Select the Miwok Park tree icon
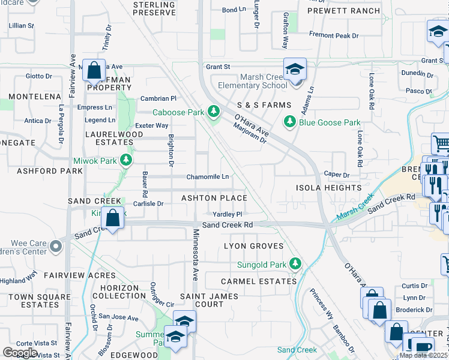[x=126, y=160]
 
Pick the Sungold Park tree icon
[x=295, y=263]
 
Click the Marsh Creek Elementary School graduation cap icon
[x=295, y=70]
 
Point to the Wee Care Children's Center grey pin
[x=56, y=246]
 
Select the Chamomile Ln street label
[x=208, y=177]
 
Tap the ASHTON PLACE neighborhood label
[x=214, y=198]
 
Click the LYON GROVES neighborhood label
[x=253, y=246]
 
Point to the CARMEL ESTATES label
[x=259, y=281]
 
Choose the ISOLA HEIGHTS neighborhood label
[x=328, y=188]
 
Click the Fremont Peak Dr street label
[x=334, y=35]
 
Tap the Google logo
[x=20, y=352]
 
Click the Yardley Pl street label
[x=228, y=214]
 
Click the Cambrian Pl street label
[x=158, y=98]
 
